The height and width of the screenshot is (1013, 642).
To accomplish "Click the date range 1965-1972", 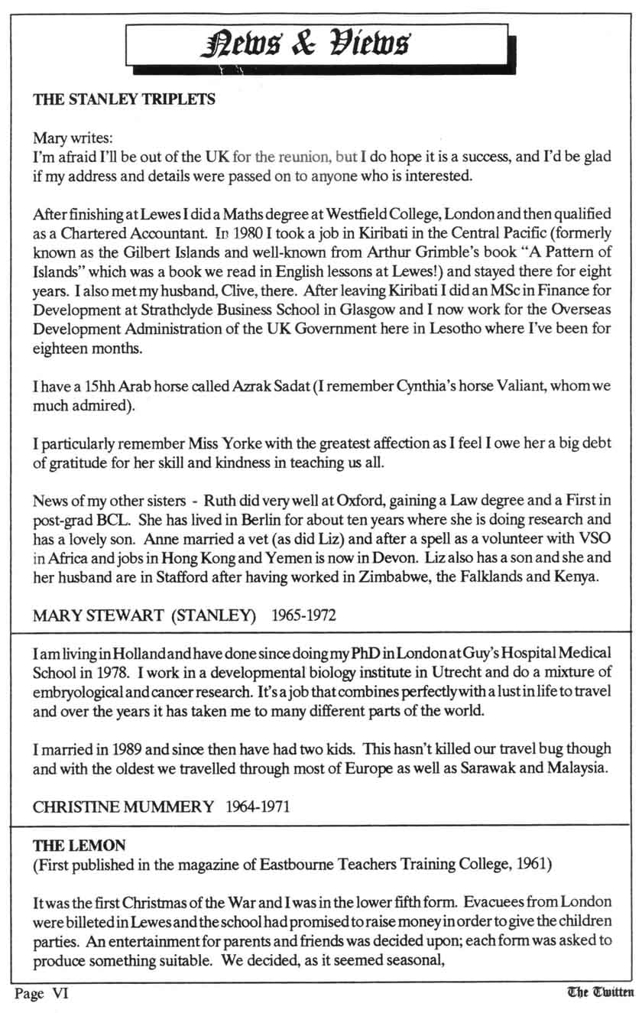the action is (303, 614).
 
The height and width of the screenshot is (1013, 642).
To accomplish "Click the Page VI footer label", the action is (42, 993).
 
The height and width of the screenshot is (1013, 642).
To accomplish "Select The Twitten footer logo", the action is (601, 992).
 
